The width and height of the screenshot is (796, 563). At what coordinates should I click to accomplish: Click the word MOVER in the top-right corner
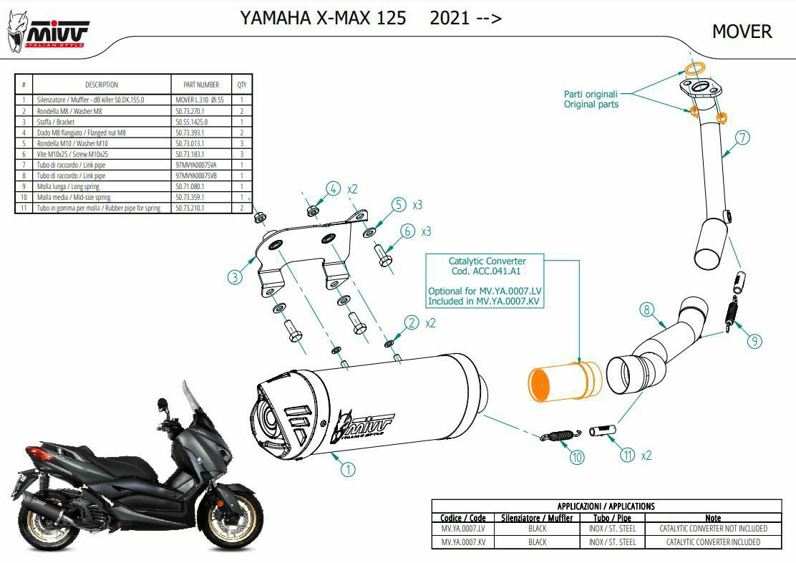pyautogui.click(x=742, y=32)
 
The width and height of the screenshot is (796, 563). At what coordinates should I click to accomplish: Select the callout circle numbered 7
pyautogui.click(x=742, y=138)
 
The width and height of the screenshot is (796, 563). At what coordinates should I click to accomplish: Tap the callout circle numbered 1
pyautogui.click(x=347, y=469)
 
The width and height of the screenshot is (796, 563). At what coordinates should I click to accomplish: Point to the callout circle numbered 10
pyautogui.click(x=577, y=456)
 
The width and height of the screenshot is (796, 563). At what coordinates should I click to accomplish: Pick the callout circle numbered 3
pyautogui.click(x=236, y=277)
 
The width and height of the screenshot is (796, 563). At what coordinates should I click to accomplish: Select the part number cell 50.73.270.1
pyautogui.click(x=190, y=111)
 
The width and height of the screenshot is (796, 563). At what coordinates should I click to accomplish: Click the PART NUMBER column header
pyautogui.click(x=202, y=85)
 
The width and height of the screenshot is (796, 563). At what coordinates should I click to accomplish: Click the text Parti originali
pyautogui.click(x=590, y=94)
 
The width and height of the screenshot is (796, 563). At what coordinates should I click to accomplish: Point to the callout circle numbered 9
pyautogui.click(x=754, y=341)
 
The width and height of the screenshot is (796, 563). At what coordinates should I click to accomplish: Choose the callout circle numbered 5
pyautogui.click(x=399, y=205)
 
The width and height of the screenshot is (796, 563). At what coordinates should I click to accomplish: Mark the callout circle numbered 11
pyautogui.click(x=628, y=454)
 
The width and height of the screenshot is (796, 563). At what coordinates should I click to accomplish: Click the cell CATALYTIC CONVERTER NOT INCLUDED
pyautogui.click(x=713, y=529)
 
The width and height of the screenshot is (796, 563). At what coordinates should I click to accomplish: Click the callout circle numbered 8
pyautogui.click(x=646, y=309)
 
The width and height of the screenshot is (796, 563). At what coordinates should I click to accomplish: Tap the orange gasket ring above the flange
pyautogui.click(x=691, y=70)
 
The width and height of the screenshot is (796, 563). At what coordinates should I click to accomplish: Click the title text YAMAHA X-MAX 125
pyautogui.click(x=324, y=18)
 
